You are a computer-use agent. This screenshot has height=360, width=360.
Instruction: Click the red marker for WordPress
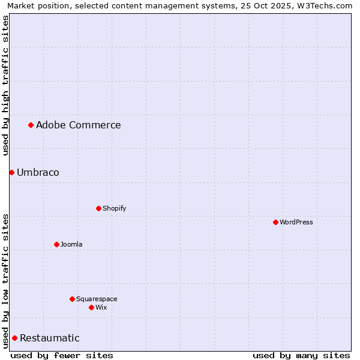(275, 222)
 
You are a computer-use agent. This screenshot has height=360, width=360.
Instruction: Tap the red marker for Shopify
(98, 208)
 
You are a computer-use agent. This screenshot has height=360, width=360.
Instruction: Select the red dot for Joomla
(56, 244)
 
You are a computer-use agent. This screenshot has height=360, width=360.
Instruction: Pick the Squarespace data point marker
(72, 299)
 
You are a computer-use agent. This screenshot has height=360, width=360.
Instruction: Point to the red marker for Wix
(91, 307)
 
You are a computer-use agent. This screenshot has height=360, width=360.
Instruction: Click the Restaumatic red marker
(14, 338)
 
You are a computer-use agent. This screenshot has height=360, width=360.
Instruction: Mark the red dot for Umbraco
(11, 172)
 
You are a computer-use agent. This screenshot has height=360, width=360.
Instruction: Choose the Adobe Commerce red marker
(31, 125)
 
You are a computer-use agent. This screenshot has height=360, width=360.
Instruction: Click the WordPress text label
(296, 222)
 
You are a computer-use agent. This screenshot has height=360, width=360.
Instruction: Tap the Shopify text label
(114, 208)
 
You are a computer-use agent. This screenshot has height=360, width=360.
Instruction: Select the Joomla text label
(71, 244)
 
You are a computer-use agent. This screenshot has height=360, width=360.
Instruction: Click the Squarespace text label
(97, 299)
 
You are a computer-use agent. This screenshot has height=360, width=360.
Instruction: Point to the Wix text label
(101, 307)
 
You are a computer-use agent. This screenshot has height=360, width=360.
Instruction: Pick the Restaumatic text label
(49, 338)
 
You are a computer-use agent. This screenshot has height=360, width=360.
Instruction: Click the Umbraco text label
(38, 172)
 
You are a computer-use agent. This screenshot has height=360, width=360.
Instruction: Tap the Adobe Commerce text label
(78, 125)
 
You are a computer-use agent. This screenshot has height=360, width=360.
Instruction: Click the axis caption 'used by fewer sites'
(62, 355)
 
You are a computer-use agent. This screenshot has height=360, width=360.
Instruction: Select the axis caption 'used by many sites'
(301, 355)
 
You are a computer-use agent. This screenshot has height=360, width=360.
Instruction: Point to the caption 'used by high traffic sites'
(5, 85)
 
